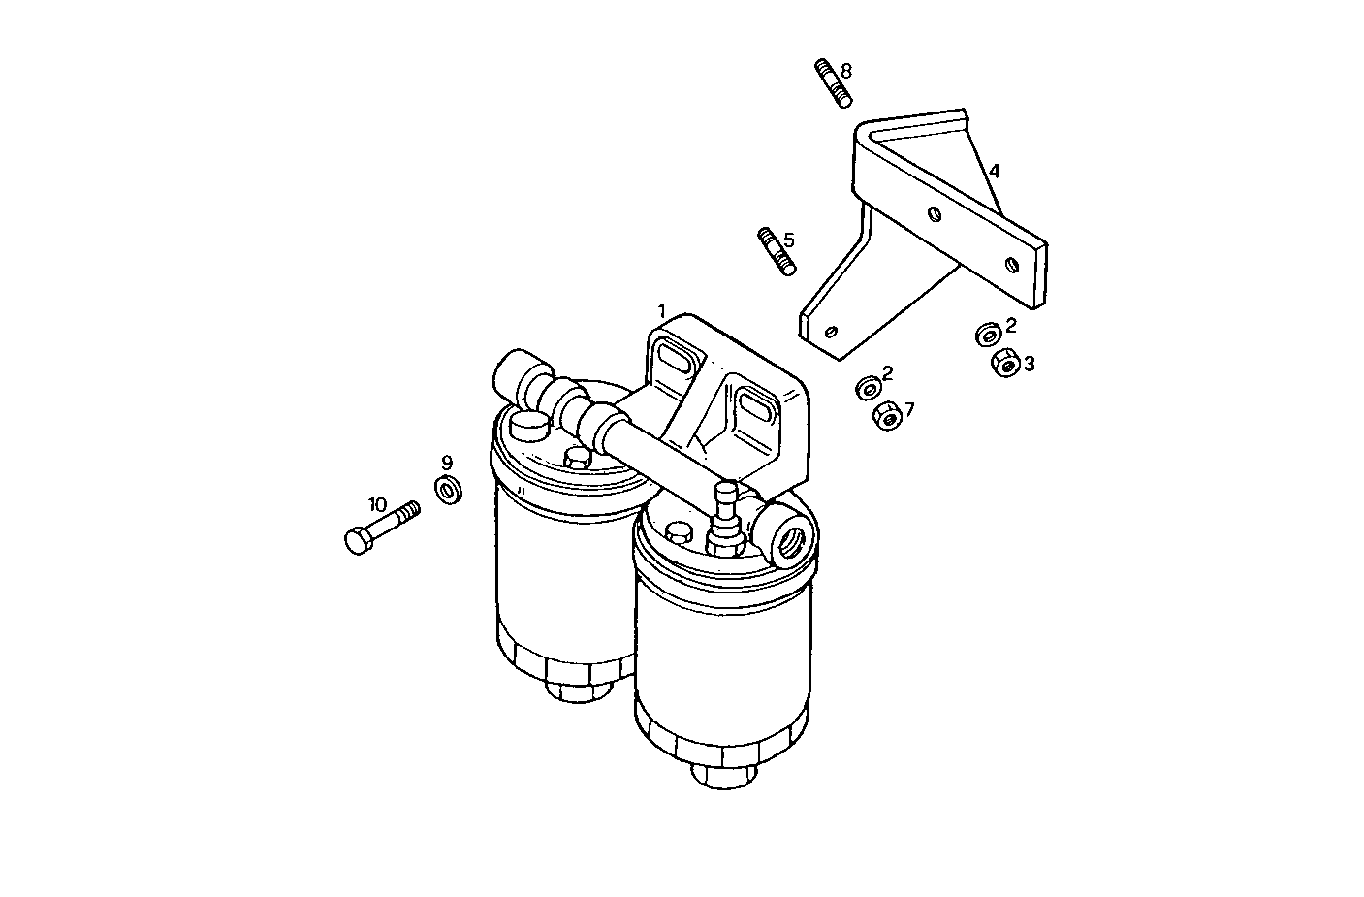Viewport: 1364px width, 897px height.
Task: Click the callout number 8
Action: [x=846, y=71]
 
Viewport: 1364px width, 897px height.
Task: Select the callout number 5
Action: [x=789, y=240]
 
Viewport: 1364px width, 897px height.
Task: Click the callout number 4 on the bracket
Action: [x=994, y=172]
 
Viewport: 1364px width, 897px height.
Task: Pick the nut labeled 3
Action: [x=1004, y=364]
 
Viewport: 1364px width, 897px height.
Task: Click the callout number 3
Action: [x=1030, y=364]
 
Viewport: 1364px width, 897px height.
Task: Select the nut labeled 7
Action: [x=886, y=417]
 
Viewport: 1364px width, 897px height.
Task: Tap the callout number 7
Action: [x=908, y=409]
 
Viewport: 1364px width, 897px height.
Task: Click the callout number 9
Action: [x=447, y=462]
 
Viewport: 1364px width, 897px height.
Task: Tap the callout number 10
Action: [x=377, y=504]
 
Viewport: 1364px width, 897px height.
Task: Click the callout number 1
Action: [x=662, y=311]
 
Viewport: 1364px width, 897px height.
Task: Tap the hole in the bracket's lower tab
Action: [x=829, y=331]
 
